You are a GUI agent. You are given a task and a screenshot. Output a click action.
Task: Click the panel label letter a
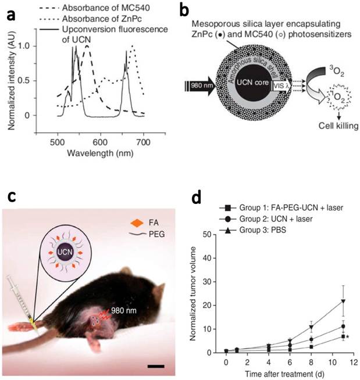[x=10, y=13]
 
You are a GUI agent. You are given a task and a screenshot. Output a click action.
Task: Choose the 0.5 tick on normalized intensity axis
[x=47, y=80]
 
